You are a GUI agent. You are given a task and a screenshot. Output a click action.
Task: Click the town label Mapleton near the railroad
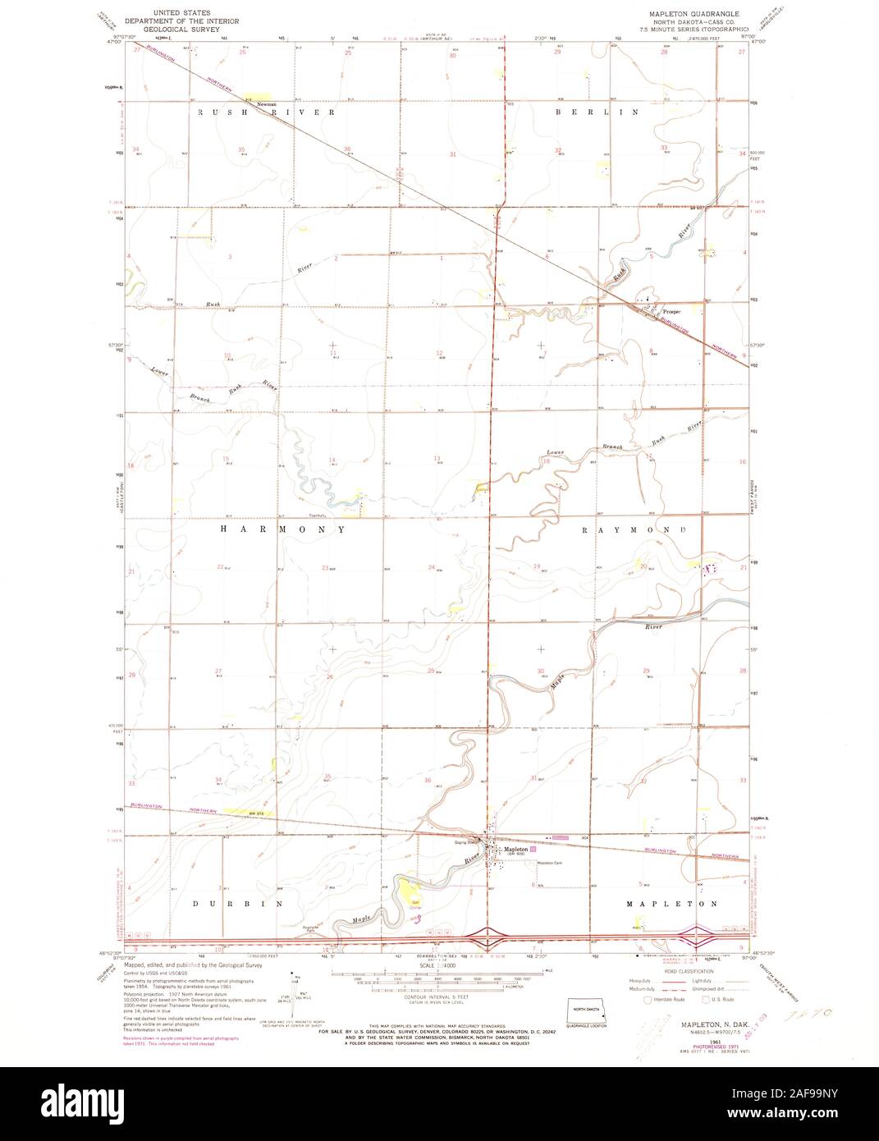click(516, 849)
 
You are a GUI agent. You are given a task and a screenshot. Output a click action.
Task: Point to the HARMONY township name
click(283, 530)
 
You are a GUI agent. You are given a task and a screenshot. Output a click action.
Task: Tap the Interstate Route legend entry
click(666, 1000)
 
